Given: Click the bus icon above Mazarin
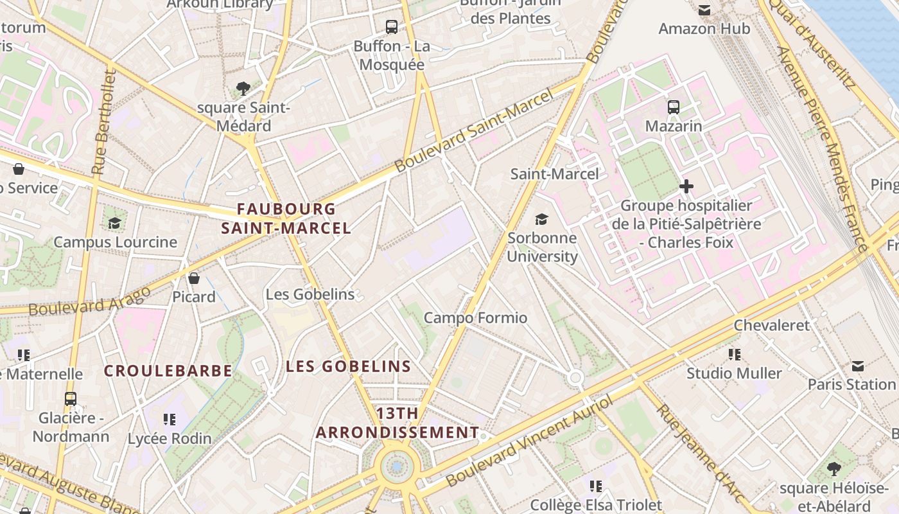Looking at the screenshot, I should coord(673,107).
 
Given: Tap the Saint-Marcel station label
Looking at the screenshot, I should coord(554,173).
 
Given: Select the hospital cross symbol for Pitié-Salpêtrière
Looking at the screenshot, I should coord(686,187).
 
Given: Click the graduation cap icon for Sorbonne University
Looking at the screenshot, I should coord(542,219).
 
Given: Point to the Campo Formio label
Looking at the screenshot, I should coord(475,317).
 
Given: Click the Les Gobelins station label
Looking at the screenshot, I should coord(310,294).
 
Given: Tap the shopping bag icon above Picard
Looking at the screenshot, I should coord(193,278).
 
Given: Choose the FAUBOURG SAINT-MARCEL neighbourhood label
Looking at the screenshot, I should coord(286,218).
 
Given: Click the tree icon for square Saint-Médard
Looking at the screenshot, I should coord(243,89).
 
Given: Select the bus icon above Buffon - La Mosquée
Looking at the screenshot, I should coord(391,27).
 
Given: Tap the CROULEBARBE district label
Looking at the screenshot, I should coord(168,371).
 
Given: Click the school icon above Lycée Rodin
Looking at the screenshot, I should coord(170,420).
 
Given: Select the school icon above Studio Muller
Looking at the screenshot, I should coord(735,354).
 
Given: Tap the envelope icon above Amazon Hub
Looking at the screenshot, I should coord(704,10).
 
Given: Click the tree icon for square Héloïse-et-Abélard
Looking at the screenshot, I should coord(834,468).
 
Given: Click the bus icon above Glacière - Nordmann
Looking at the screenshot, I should coord(71,399).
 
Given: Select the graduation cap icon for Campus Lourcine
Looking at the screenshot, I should coord(115,223).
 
